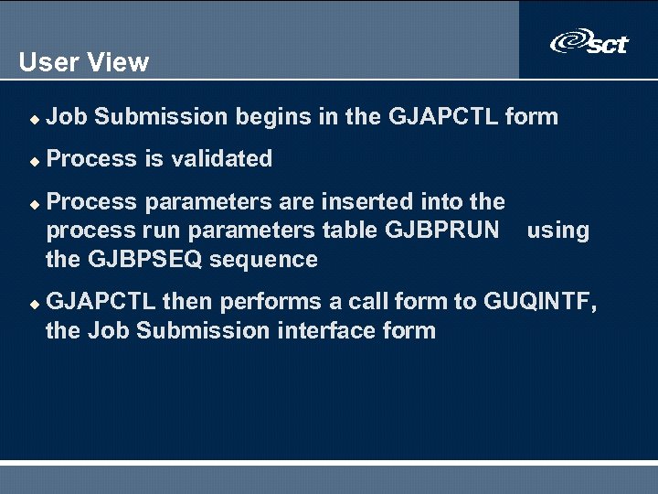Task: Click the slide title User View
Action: [83, 62]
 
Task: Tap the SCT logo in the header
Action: [589, 42]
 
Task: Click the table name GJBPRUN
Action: [443, 231]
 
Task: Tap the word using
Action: [557, 231]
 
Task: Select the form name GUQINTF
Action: [539, 302]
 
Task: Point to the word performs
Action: [259, 302]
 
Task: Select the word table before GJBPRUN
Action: [351, 231]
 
